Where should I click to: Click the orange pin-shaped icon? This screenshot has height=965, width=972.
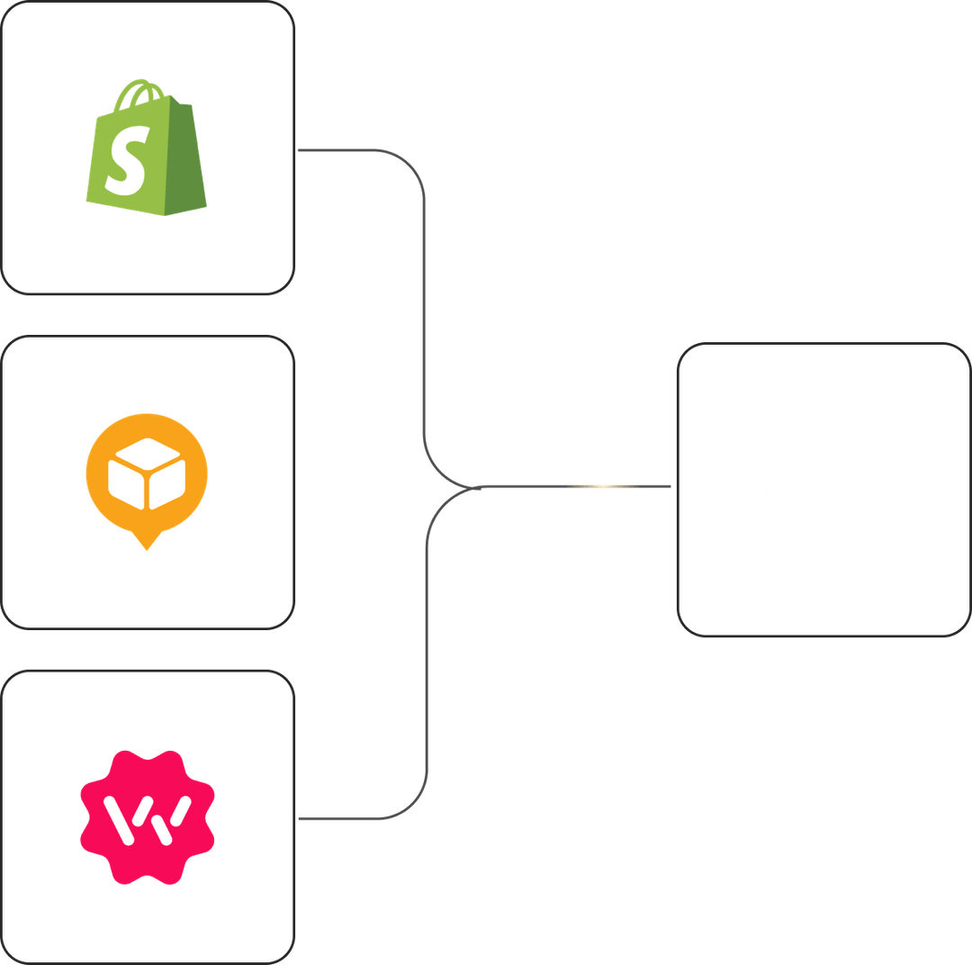[x=147, y=476]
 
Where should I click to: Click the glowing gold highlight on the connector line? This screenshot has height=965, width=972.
[x=603, y=487]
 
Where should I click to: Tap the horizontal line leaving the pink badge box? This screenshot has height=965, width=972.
[x=342, y=820]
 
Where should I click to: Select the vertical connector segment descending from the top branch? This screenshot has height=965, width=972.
[x=424, y=315]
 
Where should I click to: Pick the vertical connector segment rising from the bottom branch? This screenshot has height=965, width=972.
[x=426, y=657]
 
